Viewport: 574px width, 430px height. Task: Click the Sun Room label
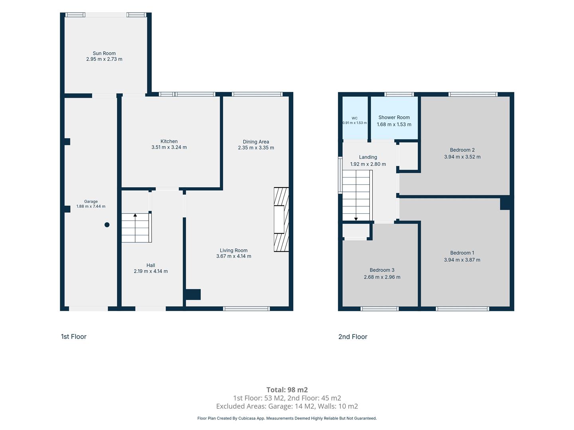[x=104, y=53]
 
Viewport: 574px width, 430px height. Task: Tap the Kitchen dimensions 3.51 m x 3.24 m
[x=169, y=147]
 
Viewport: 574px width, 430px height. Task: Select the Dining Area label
[x=256, y=142]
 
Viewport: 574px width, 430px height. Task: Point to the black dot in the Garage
[x=107, y=225]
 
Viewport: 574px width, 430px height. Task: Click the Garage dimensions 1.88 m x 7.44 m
[x=91, y=206]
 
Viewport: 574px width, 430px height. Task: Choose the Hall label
[x=151, y=265]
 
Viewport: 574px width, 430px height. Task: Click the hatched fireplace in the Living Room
[x=281, y=219]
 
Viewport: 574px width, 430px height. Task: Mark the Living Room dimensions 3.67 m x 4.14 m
[x=234, y=256]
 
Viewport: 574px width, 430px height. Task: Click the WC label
[x=354, y=118]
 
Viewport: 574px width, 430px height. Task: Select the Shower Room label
[x=394, y=117]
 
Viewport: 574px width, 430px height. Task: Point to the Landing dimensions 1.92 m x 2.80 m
[x=368, y=164]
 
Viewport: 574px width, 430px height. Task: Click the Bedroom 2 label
[x=462, y=150]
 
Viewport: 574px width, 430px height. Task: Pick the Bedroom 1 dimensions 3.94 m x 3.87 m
[x=462, y=260]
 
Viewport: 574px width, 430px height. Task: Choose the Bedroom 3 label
[x=382, y=270]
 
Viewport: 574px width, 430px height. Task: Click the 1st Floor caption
[x=73, y=336]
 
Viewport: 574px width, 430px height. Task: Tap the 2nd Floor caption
[x=353, y=337]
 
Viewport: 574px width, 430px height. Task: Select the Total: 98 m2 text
[x=287, y=390]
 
